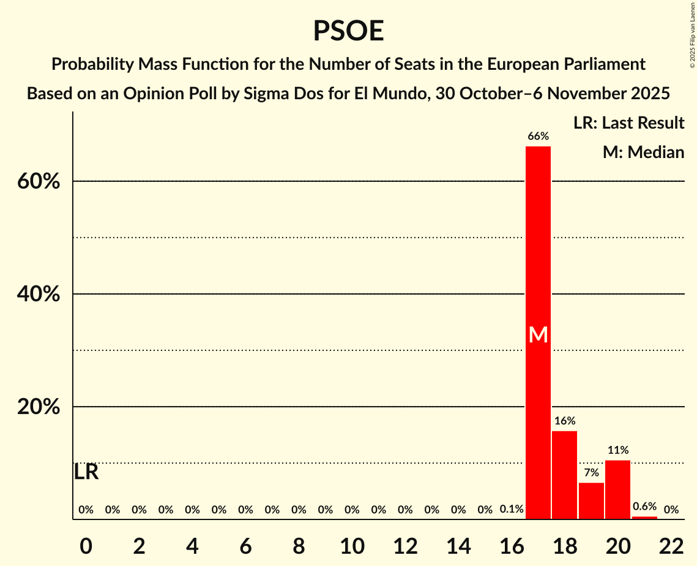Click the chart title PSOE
(x=348, y=31)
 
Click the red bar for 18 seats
(x=564, y=475)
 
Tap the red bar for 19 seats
(x=591, y=500)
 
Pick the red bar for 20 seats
(x=617, y=489)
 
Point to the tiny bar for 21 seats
(x=644, y=518)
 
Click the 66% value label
(x=538, y=137)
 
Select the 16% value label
(x=564, y=421)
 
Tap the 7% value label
(x=591, y=473)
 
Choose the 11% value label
(x=617, y=450)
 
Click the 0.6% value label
(x=644, y=507)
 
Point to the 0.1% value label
(x=511, y=510)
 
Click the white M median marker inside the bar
(x=538, y=334)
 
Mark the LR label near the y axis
(x=86, y=472)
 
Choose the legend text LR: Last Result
(x=628, y=123)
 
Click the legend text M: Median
(x=643, y=152)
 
